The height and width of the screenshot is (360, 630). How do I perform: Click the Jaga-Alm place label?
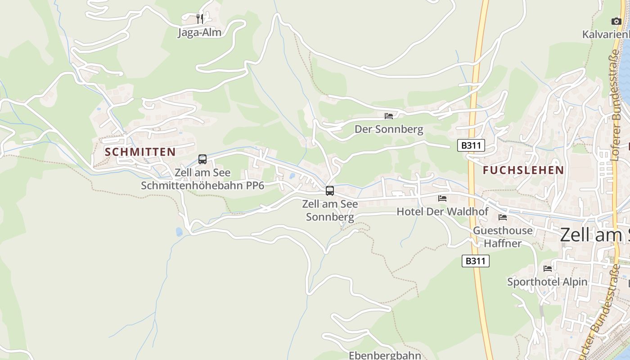pos(200,32)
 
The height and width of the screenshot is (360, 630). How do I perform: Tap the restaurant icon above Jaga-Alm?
pos(200,18)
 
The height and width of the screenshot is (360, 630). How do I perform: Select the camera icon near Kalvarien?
pos(616,21)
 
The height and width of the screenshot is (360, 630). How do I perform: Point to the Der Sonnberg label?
pos(389,130)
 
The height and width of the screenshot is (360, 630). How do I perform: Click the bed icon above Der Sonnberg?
pos(389,116)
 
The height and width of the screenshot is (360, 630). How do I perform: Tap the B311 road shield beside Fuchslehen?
pos(471,145)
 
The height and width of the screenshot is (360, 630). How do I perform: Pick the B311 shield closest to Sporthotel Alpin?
pos(475,261)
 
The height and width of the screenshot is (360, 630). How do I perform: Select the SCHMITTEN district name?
pos(140,152)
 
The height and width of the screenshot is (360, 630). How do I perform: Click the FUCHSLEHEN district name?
pos(523,170)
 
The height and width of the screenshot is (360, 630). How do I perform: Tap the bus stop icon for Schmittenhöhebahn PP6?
pos(202,159)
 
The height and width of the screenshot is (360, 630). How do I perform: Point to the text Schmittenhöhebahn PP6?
pos(202,185)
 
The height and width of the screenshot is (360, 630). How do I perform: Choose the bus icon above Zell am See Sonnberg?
pos(330,190)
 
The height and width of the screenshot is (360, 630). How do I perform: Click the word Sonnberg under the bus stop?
pos(330,217)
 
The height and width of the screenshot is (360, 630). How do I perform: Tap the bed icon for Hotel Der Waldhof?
pos(442,198)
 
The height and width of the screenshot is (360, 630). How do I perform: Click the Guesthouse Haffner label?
pos(503,237)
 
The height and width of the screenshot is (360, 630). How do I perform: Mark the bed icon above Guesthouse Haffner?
pos(503,217)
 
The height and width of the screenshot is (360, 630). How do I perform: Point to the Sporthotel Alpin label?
pos(547,282)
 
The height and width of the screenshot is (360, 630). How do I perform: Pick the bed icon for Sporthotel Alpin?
pos(547,269)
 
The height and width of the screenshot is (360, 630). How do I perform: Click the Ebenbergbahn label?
pos(385,355)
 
